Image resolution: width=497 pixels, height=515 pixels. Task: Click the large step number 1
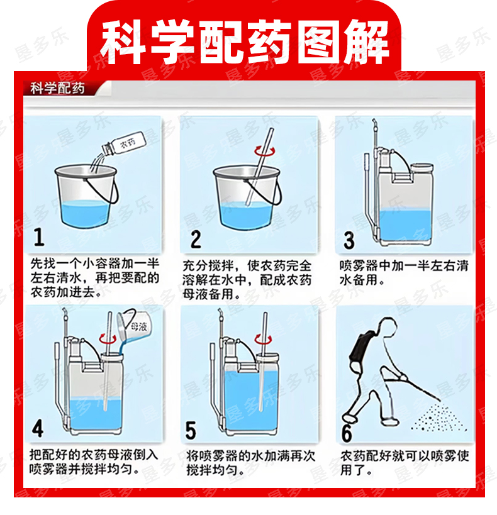(x=39, y=237)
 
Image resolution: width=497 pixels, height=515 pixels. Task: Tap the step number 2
(x=196, y=239)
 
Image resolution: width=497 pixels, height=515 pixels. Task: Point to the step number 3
(x=349, y=240)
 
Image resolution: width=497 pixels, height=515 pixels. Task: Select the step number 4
(x=38, y=428)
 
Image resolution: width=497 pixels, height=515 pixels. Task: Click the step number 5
(x=191, y=430)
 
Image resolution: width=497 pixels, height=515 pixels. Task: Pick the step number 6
(x=347, y=433)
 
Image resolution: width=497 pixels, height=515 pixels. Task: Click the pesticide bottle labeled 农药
(x=123, y=145)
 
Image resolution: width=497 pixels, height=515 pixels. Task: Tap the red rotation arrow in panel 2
(x=265, y=152)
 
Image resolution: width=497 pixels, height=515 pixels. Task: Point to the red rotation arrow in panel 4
(x=108, y=338)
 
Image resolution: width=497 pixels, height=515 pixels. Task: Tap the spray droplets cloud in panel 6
(x=439, y=418)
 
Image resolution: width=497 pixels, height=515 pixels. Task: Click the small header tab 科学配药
(x=57, y=89)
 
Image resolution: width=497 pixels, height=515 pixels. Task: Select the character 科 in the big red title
(x=123, y=42)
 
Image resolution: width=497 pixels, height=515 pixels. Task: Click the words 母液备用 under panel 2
(x=208, y=294)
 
